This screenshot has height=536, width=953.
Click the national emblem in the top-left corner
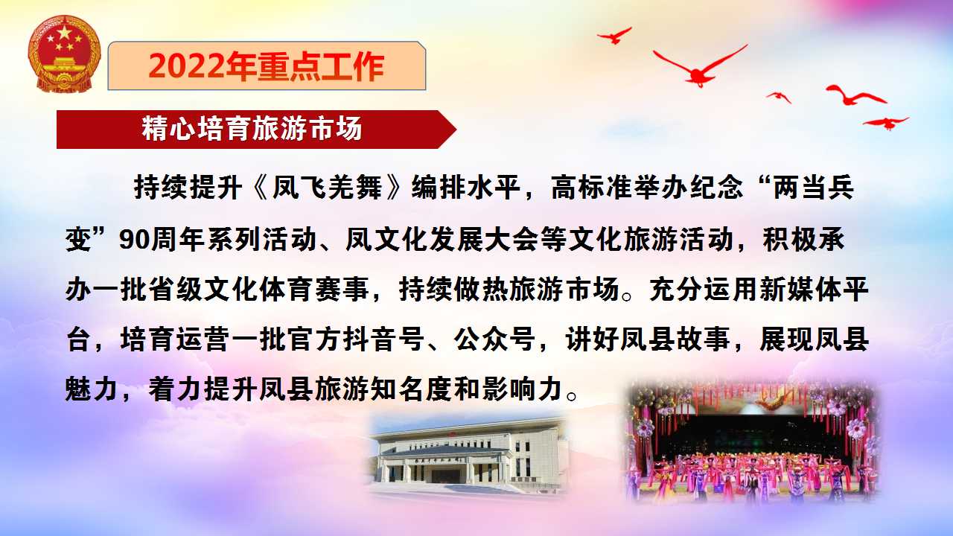pos(64,54)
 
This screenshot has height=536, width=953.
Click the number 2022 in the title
pos(186,66)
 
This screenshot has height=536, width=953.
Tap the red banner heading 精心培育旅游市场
pos(252,128)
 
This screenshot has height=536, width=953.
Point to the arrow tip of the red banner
pos(456,130)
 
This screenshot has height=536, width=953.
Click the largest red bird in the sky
pos(700,68)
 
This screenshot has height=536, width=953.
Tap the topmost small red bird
pos(615,36)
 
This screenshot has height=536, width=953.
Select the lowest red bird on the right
pos(886,123)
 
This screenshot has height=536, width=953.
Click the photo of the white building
pos(468,456)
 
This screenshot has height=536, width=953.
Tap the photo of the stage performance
pos(752,442)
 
